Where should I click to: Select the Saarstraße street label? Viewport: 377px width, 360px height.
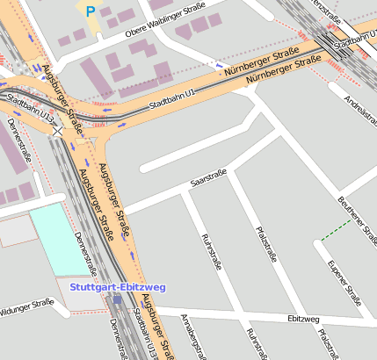[x=208, y=178]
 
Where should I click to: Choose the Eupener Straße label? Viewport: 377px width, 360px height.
[x=339, y=278]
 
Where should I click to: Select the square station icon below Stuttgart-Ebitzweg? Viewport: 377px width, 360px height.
[x=117, y=299]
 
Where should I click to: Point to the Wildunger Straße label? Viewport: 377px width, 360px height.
[x=26, y=308]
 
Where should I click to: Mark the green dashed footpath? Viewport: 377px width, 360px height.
[x=337, y=230]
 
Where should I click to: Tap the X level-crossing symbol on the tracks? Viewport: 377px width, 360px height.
[x=58, y=133]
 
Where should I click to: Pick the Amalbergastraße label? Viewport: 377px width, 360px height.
[x=195, y=337]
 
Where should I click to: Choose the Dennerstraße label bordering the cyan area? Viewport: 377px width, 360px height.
[x=85, y=253]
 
